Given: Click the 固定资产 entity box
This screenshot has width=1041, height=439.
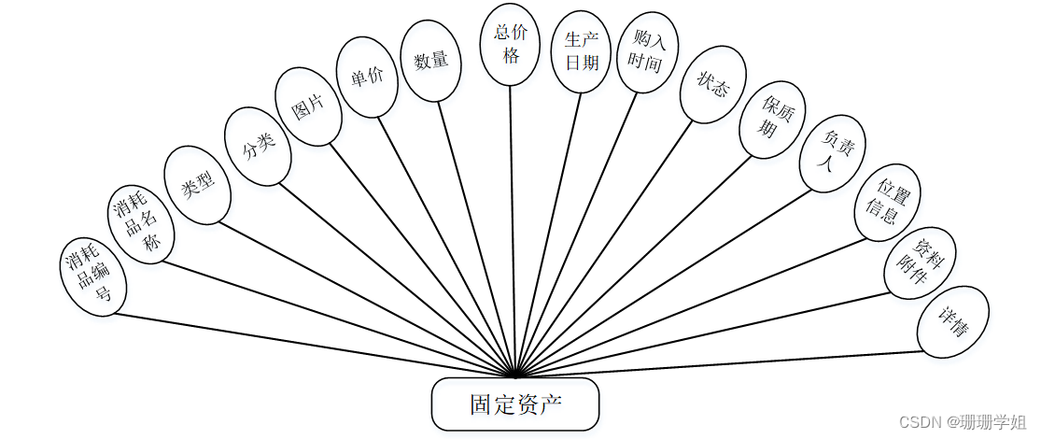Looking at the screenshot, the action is tap(514, 404).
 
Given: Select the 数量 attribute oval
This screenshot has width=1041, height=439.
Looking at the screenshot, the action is tap(430, 61).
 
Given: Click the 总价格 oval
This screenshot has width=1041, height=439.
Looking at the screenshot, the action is tap(511, 44).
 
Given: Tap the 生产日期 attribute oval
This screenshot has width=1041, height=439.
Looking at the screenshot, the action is tap(582, 51).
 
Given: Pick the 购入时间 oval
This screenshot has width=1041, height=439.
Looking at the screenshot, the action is tap(647, 51).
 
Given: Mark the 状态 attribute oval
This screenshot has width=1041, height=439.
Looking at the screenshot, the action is tap(712, 85).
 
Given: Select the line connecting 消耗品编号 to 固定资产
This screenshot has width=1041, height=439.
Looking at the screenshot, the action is tap(308, 343).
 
